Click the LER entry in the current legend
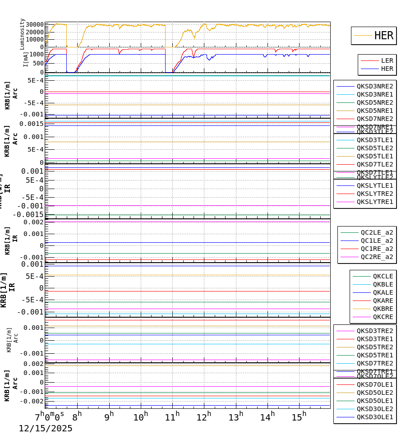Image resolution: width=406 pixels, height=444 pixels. point(387,60)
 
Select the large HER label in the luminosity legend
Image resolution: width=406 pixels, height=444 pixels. point(383,36)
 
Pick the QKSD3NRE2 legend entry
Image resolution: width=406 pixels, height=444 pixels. point(374,86)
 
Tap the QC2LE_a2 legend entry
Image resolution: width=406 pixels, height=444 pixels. point(377,232)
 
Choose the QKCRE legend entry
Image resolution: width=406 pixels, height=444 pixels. point(383,317)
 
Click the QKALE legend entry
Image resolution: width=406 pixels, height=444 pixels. point(383,292)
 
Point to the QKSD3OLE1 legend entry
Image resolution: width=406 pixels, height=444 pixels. point(374,417)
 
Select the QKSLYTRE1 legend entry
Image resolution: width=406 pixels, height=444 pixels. point(374,202)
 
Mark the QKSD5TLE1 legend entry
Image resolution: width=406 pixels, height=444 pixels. point(374,156)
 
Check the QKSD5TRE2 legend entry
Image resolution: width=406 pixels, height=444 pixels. point(374,347)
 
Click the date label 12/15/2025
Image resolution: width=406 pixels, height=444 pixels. point(45,429)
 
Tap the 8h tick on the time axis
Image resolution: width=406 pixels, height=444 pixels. point(77,416)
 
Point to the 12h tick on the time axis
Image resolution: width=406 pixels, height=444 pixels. point(204,416)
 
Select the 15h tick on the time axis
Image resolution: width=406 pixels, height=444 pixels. point(299,416)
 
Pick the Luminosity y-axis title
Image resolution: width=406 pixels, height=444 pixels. point(22,34)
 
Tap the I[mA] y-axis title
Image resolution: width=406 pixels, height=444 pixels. point(26,59)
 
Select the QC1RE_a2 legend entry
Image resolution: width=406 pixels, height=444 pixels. point(377,249)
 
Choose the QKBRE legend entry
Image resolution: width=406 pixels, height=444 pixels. point(383,309)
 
